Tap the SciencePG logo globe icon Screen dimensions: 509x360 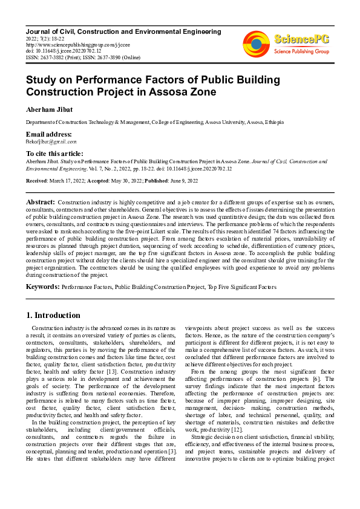click(x=256, y=44)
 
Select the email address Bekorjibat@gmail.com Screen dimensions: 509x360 click(x=51, y=141)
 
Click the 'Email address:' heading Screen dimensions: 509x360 click(x=48, y=134)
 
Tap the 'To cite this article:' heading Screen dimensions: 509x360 click(x=54, y=154)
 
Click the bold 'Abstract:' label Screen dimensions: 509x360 click(x=41, y=201)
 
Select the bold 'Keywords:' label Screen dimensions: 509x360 click(x=42, y=287)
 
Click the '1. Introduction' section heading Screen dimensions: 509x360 click(x=54, y=315)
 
